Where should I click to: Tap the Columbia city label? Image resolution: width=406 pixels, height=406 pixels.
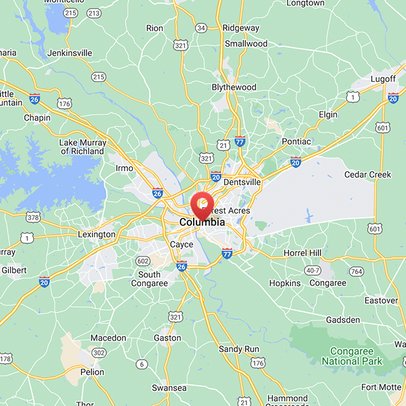pyautogui.click(x=202, y=222)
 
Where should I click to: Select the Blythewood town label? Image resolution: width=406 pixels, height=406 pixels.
pyautogui.click(x=234, y=87)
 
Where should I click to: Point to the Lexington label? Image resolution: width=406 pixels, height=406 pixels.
pyautogui.click(x=96, y=234)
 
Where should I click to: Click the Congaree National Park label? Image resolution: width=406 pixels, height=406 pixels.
pyautogui.click(x=353, y=356)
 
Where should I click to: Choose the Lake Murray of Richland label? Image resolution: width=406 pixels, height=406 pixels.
pyautogui.click(x=82, y=147)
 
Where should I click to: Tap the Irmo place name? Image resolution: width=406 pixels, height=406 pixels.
pyautogui.click(x=125, y=168)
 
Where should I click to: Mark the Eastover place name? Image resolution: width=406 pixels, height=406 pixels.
pyautogui.click(x=381, y=300)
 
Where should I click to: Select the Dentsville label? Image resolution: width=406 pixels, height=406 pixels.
pyautogui.click(x=242, y=182)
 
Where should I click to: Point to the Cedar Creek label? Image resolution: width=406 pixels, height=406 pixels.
pyautogui.click(x=368, y=175)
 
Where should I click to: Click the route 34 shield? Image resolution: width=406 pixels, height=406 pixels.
pyautogui.click(x=201, y=28)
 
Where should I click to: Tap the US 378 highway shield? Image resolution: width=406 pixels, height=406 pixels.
pyautogui.click(x=34, y=217)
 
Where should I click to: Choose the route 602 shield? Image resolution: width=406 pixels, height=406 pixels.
pyautogui.click(x=142, y=261)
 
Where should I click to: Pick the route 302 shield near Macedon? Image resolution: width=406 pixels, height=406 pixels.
pyautogui.click(x=98, y=352)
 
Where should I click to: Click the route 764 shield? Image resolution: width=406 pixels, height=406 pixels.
pyautogui.click(x=356, y=272)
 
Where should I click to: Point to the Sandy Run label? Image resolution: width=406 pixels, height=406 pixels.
pyautogui.click(x=239, y=349)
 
